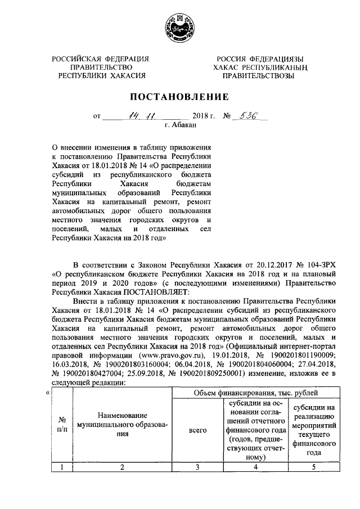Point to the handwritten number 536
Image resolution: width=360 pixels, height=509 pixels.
(x=248, y=116)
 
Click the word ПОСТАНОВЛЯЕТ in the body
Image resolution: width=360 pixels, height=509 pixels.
(x=158, y=292)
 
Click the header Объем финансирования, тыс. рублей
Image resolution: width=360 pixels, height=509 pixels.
(x=255, y=392)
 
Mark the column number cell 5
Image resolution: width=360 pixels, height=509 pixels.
(x=314, y=466)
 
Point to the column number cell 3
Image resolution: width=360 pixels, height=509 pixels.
(x=197, y=466)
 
